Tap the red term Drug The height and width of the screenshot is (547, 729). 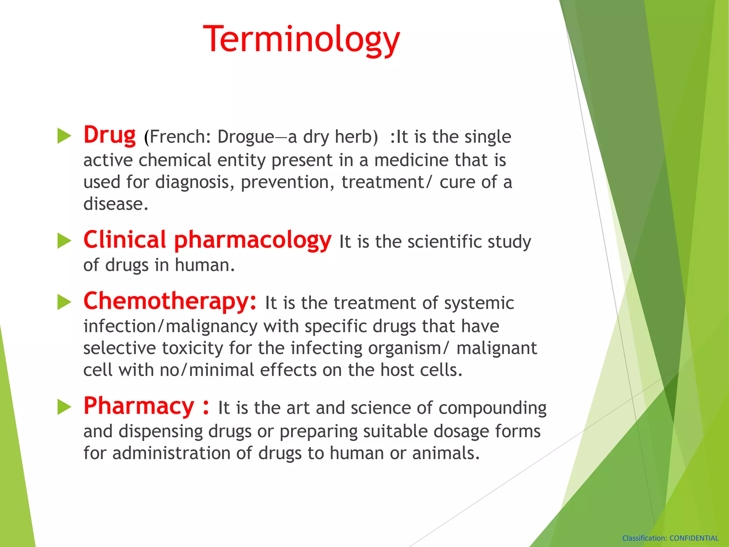110,136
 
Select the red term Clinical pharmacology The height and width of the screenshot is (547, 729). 207,240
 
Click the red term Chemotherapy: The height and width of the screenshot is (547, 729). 170,301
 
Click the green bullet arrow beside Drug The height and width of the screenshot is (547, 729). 64,136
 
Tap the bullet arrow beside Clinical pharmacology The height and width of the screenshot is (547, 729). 64,241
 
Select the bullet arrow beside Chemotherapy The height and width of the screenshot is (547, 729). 64,302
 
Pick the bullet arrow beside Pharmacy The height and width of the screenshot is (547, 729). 64,407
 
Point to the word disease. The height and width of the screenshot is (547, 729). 115,204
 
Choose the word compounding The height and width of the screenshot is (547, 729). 492,408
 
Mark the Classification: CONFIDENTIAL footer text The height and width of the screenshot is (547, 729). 670,538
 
